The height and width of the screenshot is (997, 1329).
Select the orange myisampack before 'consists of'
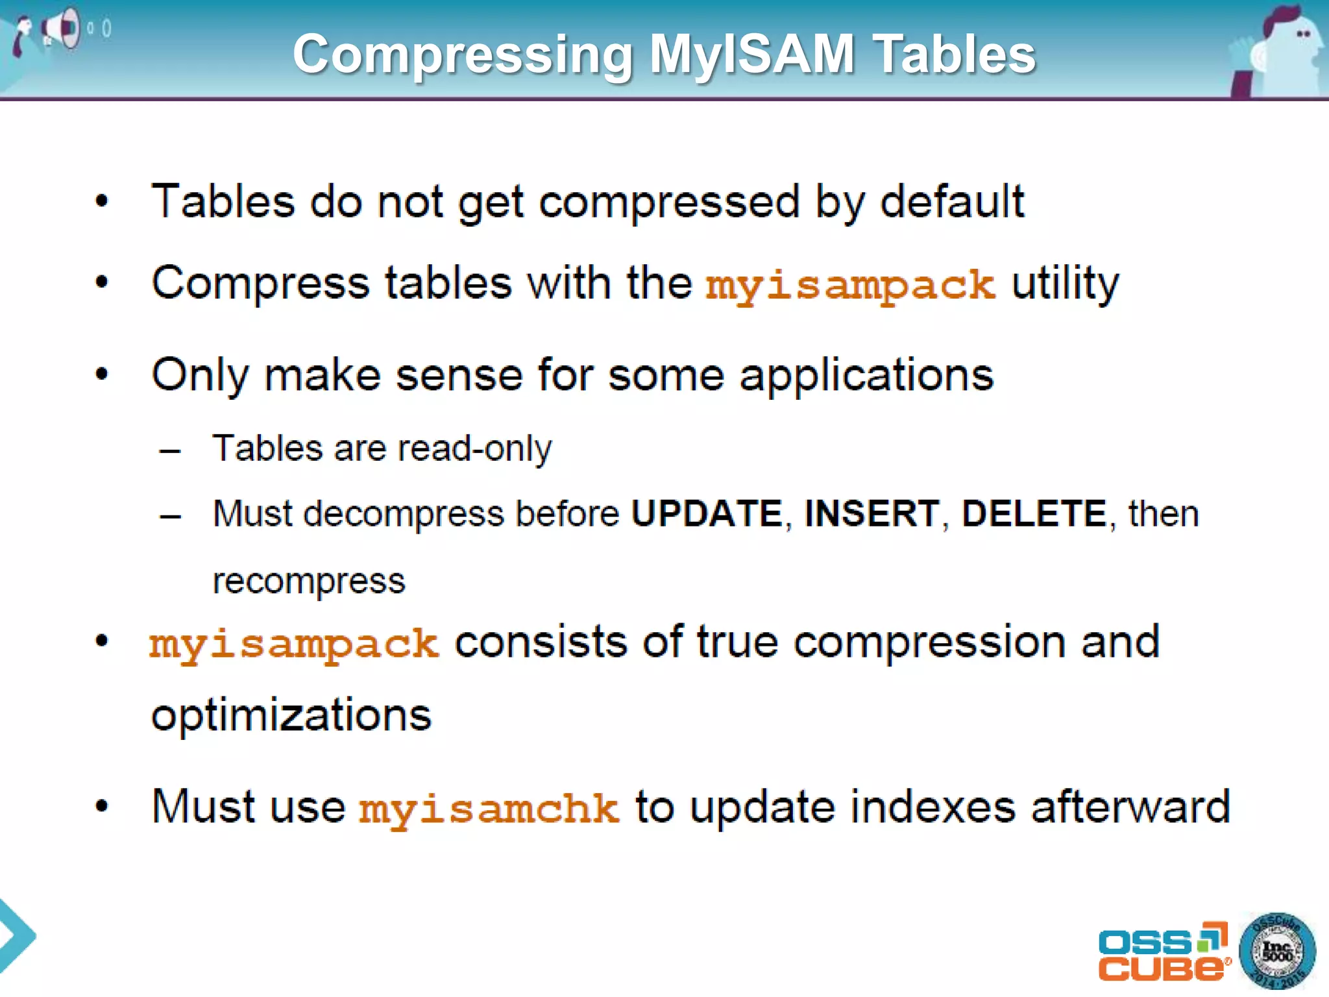(294, 645)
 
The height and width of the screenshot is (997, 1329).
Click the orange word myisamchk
(489, 809)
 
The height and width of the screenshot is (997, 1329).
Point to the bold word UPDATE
(707, 514)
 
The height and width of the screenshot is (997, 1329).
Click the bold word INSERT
(872, 514)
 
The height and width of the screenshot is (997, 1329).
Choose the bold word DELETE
(1034, 514)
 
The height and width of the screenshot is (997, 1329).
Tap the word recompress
(309, 581)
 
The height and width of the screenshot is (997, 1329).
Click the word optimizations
(291, 715)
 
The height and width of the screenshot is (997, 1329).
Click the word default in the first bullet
(952, 201)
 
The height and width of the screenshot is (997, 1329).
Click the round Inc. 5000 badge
(1276, 952)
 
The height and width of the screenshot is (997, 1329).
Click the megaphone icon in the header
(62, 29)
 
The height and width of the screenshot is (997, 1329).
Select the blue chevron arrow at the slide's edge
(16, 935)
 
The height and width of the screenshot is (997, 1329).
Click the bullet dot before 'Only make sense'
(102, 374)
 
